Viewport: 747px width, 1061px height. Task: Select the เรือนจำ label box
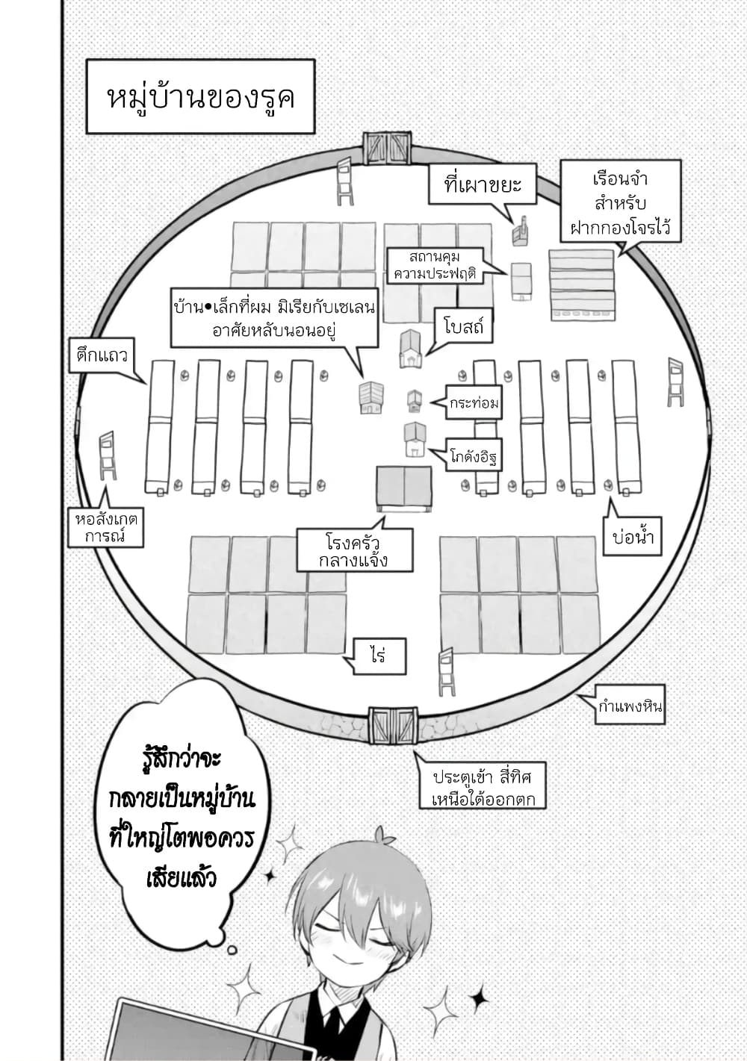point(620,202)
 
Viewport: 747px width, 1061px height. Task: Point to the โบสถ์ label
point(463,327)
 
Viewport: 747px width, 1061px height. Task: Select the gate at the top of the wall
point(387,148)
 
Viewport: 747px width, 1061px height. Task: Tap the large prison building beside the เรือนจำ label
point(583,285)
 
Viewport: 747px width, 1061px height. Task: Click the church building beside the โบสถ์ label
point(411,349)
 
